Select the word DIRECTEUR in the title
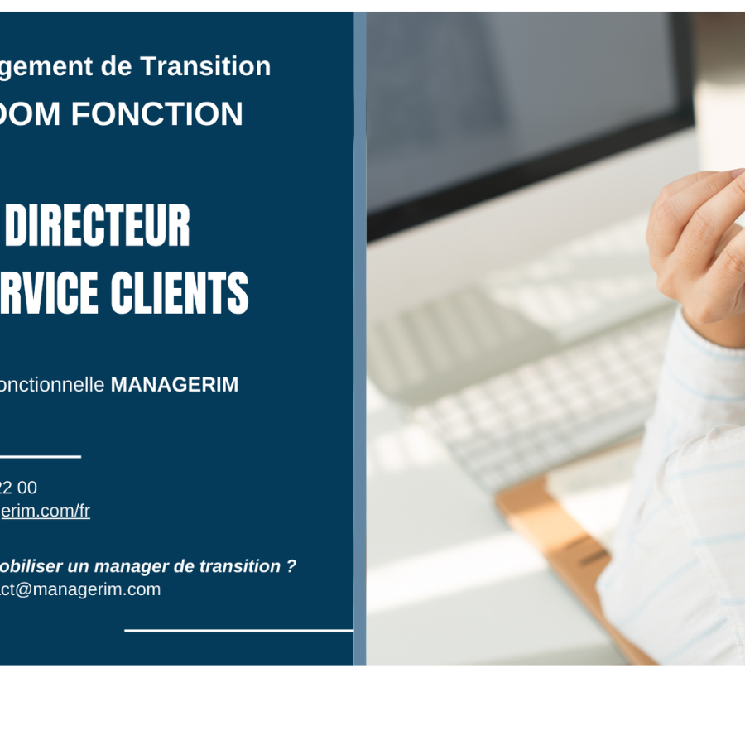tap(98, 226)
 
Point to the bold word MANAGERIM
tap(174, 385)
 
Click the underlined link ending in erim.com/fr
tap(45, 511)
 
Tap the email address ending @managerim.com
tap(80, 589)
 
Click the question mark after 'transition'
tap(291, 566)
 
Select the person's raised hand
tap(699, 240)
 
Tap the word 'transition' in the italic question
tap(240, 566)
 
